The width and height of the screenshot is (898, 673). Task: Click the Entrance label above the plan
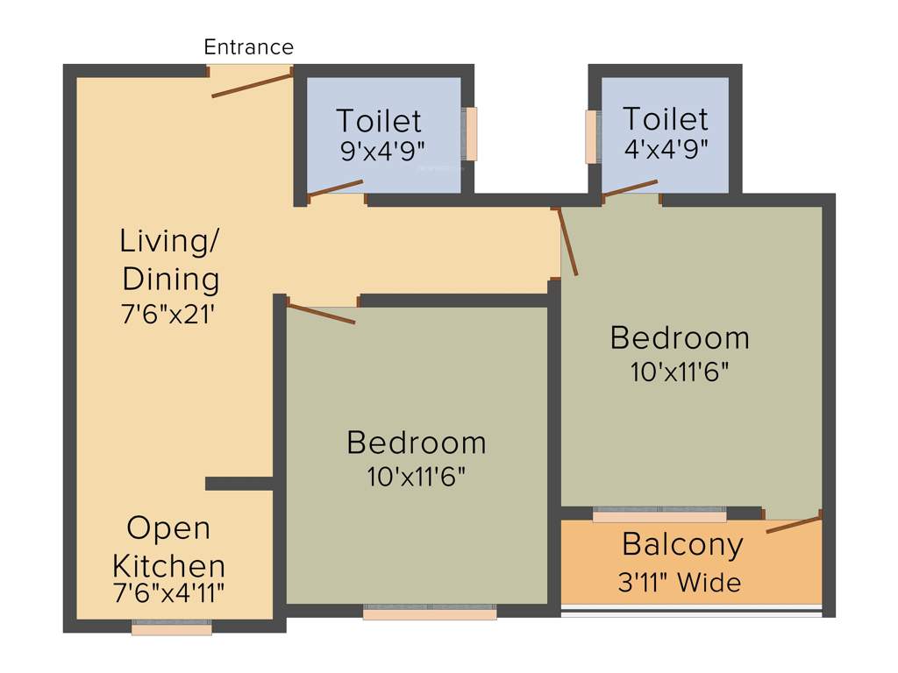pyautogui.click(x=248, y=47)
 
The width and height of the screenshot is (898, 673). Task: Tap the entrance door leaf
pyautogui.click(x=253, y=85)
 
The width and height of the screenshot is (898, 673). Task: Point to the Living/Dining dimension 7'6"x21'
pyautogui.click(x=168, y=315)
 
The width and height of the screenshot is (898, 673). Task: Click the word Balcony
pyautogui.click(x=682, y=545)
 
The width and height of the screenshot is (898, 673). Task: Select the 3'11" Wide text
pyautogui.click(x=680, y=583)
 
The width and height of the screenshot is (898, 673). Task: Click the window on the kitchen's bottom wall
pyautogui.click(x=172, y=628)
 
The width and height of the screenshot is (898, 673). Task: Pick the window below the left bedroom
pyautogui.click(x=430, y=613)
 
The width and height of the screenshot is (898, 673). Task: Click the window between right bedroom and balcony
pyautogui.click(x=659, y=515)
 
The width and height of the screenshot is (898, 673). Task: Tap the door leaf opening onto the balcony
pyautogui.click(x=794, y=525)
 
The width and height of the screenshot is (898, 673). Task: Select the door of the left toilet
pyautogui.click(x=335, y=188)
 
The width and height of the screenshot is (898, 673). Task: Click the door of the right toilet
pyautogui.click(x=631, y=188)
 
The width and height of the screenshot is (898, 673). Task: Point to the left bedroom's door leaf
pyautogui.click(x=321, y=314)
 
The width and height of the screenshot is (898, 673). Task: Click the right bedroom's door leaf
pyautogui.click(x=568, y=242)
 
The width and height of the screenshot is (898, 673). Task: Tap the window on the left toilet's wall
pyautogui.click(x=471, y=134)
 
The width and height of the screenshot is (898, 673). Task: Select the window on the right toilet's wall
pyautogui.click(x=592, y=136)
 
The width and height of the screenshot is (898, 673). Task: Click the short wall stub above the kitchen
pyautogui.click(x=239, y=484)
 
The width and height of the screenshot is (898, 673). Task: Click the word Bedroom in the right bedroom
pyautogui.click(x=680, y=338)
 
